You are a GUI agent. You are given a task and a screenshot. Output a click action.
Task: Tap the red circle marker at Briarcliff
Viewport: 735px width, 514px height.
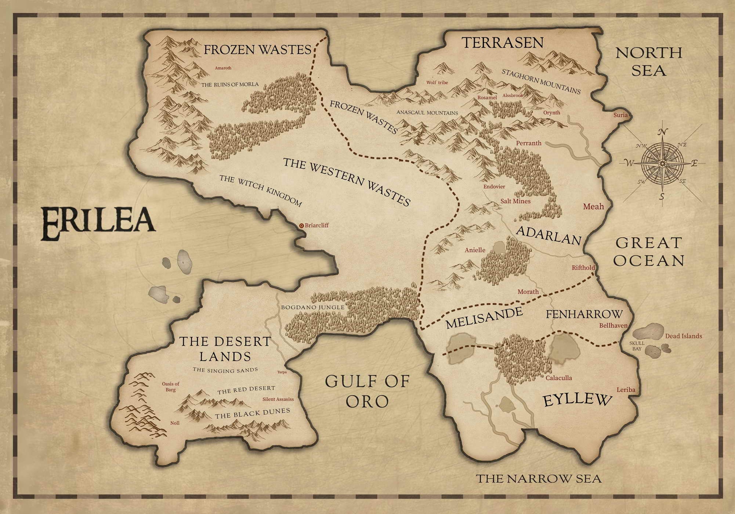301,226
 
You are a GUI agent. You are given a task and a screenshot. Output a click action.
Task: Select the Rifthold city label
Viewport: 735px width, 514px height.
583,267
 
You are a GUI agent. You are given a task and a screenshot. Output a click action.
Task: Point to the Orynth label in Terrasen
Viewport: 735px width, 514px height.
551,113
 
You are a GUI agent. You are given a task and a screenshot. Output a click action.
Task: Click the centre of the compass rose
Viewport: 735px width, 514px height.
662,163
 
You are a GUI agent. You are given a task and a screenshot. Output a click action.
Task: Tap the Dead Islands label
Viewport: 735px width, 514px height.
683,336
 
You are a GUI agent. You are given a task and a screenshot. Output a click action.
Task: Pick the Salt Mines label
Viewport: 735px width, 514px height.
515,201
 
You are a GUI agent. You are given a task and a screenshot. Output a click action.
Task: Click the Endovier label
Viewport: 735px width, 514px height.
494,187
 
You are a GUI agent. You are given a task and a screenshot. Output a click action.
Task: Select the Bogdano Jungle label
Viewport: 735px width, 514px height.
313,307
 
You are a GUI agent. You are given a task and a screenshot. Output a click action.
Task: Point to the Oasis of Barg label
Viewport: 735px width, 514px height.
170,387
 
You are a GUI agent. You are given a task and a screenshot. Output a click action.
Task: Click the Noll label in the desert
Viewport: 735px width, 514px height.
175,423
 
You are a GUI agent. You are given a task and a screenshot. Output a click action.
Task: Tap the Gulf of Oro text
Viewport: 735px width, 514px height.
367,391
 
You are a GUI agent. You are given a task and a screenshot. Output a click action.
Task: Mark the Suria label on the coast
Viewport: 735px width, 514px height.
620,115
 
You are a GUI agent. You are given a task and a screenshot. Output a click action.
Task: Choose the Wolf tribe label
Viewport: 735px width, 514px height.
437,83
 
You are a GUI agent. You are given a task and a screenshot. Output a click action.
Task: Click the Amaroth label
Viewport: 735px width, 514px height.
223,68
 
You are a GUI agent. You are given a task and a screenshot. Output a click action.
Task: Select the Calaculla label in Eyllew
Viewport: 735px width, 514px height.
558,378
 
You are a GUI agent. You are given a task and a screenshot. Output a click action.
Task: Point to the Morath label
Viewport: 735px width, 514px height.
528,292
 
